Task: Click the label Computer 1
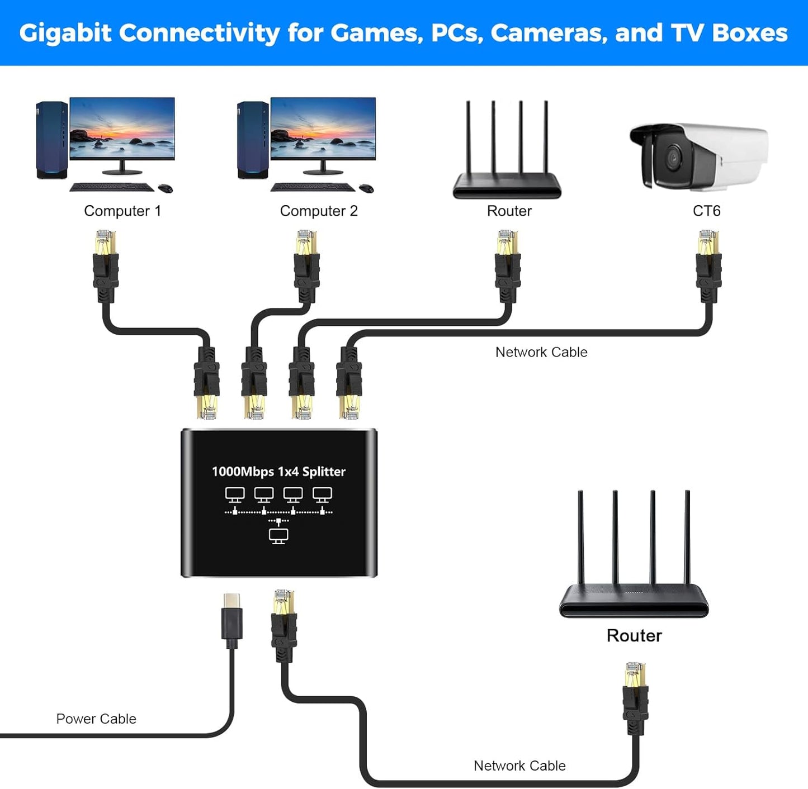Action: pyautogui.click(x=122, y=211)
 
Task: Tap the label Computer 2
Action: pyautogui.click(x=319, y=211)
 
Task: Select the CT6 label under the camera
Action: pyautogui.click(x=706, y=211)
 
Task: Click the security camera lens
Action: pyautogui.click(x=673, y=158)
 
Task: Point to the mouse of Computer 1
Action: pyautogui.click(x=166, y=188)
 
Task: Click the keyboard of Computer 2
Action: pyautogui.click(x=313, y=187)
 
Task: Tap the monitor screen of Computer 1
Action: pyautogui.click(x=122, y=128)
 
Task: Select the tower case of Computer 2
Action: pyautogui.click(x=253, y=140)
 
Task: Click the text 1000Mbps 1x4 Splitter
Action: pyautogui.click(x=278, y=472)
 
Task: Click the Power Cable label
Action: pyautogui.click(x=96, y=719)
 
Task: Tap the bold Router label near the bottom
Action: pyautogui.click(x=634, y=636)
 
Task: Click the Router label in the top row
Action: pyautogui.click(x=509, y=211)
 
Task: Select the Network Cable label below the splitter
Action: pyautogui.click(x=519, y=766)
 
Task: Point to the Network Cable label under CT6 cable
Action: pyautogui.click(x=541, y=353)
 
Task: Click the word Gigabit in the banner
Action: pyautogui.click(x=65, y=34)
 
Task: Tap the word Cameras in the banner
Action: pyautogui.click(x=549, y=34)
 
